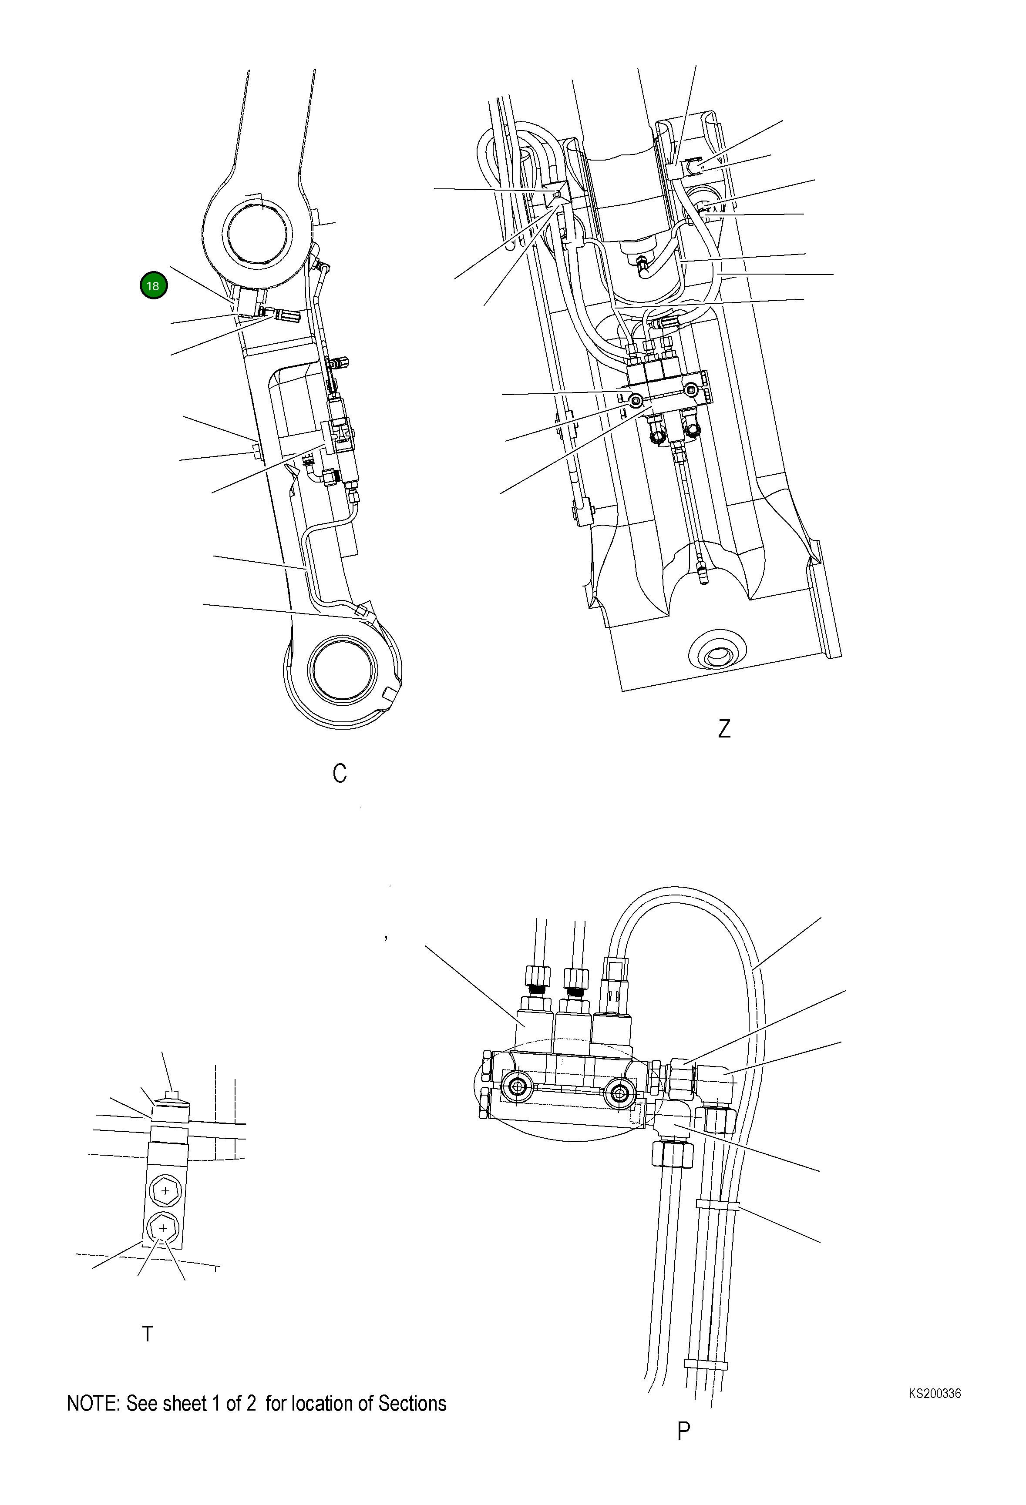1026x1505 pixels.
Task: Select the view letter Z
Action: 724,729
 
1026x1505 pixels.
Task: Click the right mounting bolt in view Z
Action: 692,390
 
